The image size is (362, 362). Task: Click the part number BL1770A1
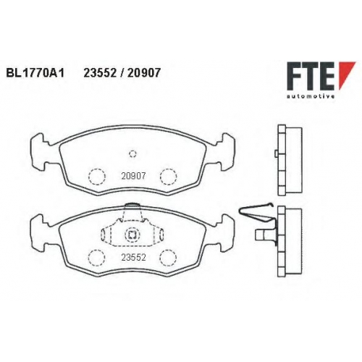35,72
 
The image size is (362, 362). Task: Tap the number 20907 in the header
143,72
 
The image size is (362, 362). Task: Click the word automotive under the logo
311,96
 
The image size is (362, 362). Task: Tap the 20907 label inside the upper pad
133,176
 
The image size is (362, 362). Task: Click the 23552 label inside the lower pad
133,258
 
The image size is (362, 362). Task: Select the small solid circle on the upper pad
132,153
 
